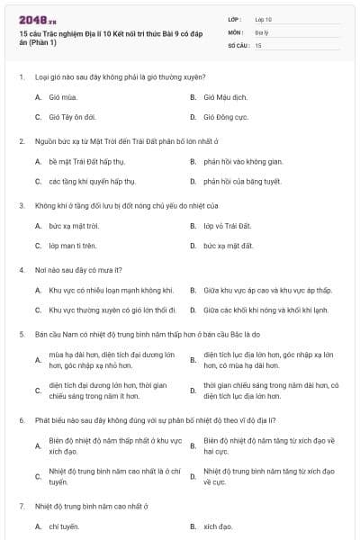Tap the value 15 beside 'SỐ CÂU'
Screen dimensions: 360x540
pos(258,44)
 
